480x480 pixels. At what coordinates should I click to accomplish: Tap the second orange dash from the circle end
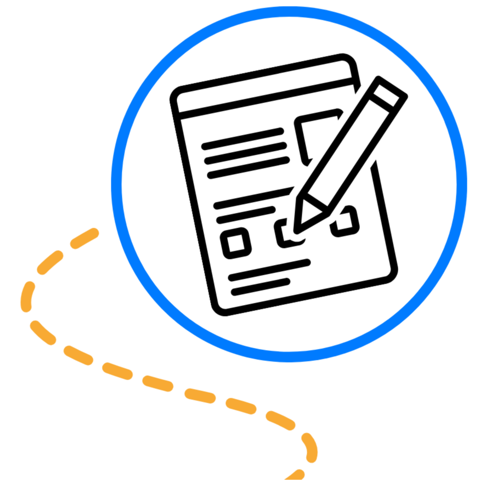point(50,262)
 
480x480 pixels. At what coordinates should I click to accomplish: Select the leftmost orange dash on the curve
point(27,296)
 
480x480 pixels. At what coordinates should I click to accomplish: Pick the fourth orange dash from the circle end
point(42,332)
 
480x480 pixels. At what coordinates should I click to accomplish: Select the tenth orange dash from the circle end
point(280,420)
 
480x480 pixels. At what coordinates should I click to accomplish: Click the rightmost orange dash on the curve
point(310,447)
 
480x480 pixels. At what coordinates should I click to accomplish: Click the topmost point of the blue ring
point(289,12)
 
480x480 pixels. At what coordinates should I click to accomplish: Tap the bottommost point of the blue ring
point(289,357)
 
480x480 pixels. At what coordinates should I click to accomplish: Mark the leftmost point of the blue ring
point(116,184)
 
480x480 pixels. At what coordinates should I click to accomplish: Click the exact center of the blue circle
point(289,184)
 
